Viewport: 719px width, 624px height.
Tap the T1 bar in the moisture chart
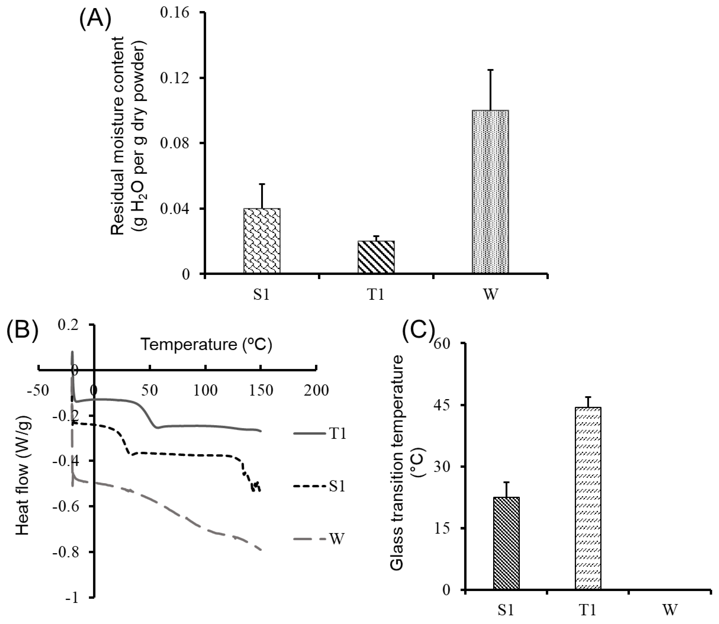(376, 257)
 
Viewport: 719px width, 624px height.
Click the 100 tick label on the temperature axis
(206, 391)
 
